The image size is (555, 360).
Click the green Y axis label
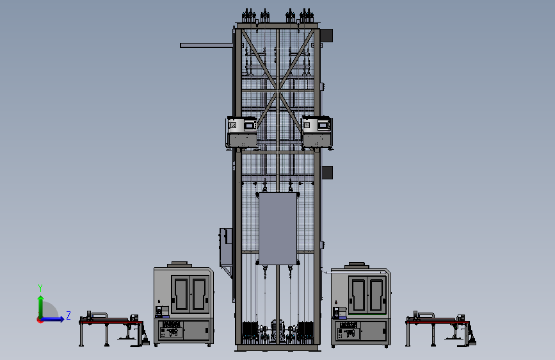[x=40, y=288]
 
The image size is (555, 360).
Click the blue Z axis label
[x=68, y=315]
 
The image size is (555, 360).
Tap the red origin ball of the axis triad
[x=40, y=320]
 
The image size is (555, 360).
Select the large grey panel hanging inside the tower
[x=278, y=229]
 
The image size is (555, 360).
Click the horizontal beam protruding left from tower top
[x=206, y=45]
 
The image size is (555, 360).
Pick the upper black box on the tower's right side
[x=326, y=35]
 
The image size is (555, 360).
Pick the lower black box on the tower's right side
[x=326, y=172]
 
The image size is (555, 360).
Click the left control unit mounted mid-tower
[x=242, y=132]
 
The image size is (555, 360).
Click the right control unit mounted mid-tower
[x=316, y=132]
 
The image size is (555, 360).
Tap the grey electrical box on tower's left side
[x=226, y=247]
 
